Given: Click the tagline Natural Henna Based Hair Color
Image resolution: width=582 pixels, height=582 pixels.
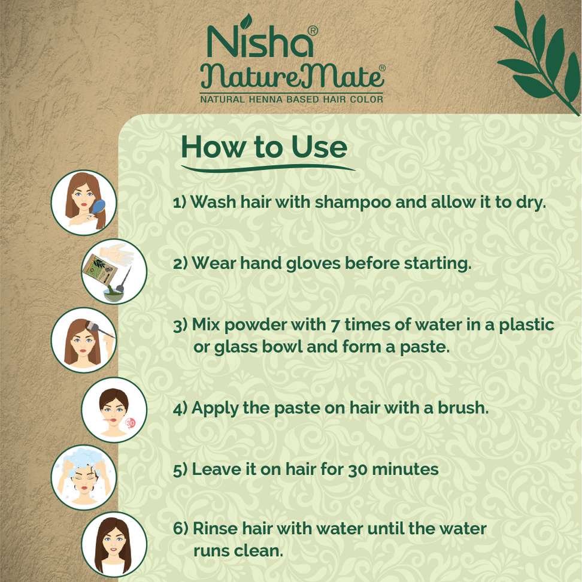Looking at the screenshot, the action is point(292,99).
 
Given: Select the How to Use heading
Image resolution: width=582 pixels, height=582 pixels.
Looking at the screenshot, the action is point(264,147).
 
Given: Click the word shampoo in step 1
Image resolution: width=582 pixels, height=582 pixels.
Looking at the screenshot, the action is point(353,202).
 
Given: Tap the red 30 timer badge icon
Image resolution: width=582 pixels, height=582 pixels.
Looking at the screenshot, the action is point(130,422).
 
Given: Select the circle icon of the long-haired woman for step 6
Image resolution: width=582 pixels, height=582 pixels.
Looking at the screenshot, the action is point(114,545).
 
